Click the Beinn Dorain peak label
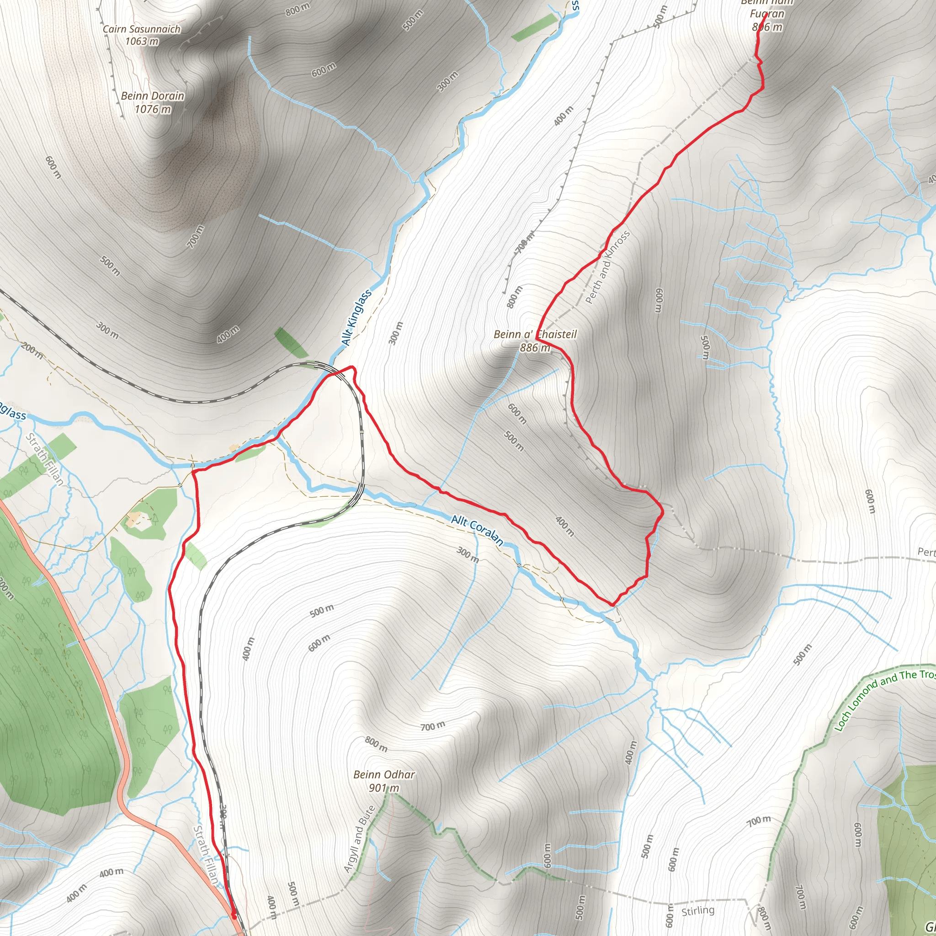point(153,96)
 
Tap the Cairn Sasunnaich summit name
point(142,29)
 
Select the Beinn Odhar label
point(384,775)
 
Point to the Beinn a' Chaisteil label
point(535,334)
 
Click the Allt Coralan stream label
point(477,529)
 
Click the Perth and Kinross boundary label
point(607,267)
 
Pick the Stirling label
point(697,911)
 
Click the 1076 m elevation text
point(153,110)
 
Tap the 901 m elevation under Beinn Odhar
point(384,788)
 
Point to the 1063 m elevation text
point(142,41)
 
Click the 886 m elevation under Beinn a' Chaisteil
point(535,347)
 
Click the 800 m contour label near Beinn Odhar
point(376,744)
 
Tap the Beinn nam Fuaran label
point(767,14)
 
